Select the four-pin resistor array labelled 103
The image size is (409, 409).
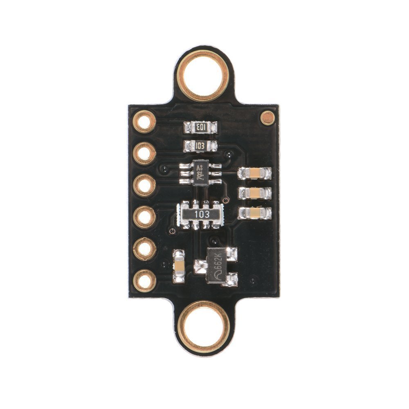coord(200,214)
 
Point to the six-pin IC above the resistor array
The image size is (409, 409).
coord(200,172)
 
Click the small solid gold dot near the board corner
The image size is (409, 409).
coord(268,118)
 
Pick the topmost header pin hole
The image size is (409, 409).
coord(145,121)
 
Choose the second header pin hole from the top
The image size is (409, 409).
coord(145,153)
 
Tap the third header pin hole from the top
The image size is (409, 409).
coord(145,185)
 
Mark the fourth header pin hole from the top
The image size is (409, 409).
coord(145,217)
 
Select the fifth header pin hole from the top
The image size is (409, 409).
coord(145,249)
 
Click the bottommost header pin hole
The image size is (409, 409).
coord(145,281)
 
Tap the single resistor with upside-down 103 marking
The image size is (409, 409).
coord(200,128)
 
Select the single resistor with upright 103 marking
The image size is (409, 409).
coord(200,146)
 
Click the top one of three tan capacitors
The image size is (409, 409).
coord(255,173)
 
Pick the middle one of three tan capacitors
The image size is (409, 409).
coord(255,193)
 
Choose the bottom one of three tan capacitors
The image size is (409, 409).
coord(255,212)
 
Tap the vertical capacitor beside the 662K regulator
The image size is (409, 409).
coord(179,266)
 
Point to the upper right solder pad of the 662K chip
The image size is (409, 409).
coord(231,254)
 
